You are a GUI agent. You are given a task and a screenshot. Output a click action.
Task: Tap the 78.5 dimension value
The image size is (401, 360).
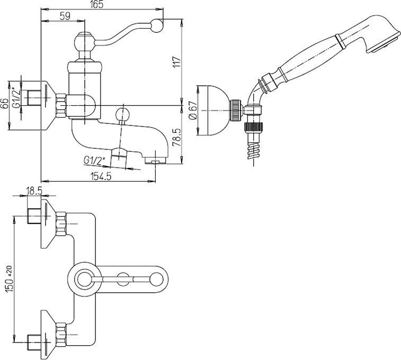(177, 136)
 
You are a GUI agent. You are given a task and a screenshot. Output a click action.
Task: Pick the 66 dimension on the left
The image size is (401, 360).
(5, 105)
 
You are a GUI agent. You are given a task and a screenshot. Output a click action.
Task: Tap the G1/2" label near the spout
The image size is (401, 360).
(95, 159)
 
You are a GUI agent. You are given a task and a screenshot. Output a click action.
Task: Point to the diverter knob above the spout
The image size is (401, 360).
(123, 114)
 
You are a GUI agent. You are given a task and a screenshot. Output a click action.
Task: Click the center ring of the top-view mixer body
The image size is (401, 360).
(84, 278)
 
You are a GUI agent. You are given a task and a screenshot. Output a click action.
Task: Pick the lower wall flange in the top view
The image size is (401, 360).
(49, 334)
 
